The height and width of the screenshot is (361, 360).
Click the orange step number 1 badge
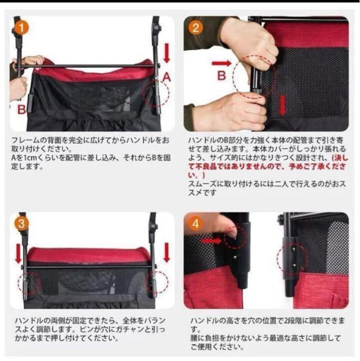click(x=21, y=28)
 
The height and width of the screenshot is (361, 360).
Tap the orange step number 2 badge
click(x=195, y=28)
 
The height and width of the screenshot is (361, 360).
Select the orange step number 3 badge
click(x=21, y=224)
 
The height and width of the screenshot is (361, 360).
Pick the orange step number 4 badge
click(x=195, y=224)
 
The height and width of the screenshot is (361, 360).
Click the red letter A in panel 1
click(x=167, y=77)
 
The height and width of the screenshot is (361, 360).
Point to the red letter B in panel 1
click(x=21, y=109)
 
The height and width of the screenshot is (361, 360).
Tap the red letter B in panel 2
click(x=221, y=76)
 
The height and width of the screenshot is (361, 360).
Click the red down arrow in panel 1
click(x=167, y=53)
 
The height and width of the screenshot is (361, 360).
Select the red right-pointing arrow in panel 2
click(x=221, y=63)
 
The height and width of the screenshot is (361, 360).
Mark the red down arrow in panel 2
click(x=282, y=105)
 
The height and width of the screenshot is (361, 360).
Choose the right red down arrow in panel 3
click(x=167, y=252)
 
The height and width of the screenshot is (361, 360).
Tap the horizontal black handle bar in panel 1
click(x=87, y=66)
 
